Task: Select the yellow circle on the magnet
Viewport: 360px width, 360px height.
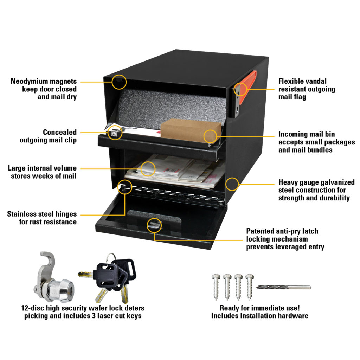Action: pos(120,82)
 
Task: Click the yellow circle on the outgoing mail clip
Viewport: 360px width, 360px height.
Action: pos(115,133)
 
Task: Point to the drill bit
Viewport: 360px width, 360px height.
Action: pos(283,287)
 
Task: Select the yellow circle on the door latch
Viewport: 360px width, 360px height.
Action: pos(154,225)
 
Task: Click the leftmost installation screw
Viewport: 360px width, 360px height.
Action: pos(216,285)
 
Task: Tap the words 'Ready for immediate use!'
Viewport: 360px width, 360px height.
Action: pos(259,308)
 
